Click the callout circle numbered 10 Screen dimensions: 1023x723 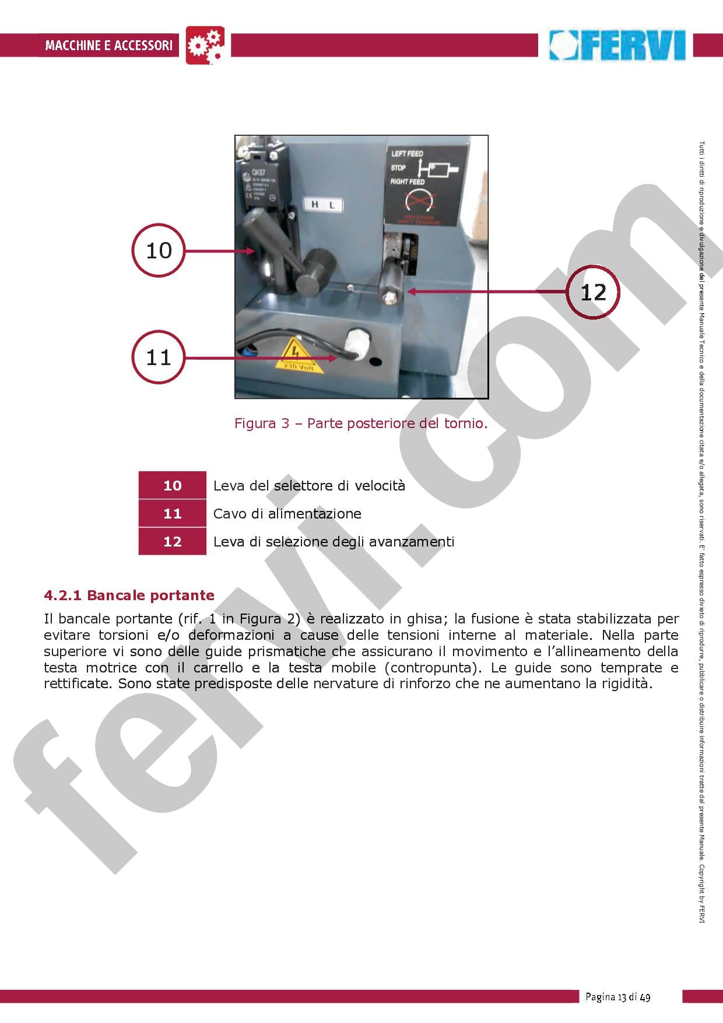click(159, 250)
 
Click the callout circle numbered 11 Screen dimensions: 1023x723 click(159, 357)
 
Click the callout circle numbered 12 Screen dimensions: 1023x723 click(593, 292)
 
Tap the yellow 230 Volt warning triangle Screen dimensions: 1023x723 click(298, 356)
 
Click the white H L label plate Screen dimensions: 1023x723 click(323, 205)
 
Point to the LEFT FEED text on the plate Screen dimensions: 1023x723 click(408, 154)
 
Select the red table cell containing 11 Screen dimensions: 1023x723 click(172, 513)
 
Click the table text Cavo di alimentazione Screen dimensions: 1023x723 click(287, 513)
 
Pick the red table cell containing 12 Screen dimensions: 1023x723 click(172, 541)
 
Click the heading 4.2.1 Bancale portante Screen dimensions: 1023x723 click(129, 595)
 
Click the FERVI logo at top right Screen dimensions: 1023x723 click(618, 45)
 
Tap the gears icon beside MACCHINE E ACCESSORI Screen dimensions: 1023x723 click(205, 45)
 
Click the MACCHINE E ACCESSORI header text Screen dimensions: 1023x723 click(109, 45)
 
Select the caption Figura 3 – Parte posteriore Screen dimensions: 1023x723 click(360, 423)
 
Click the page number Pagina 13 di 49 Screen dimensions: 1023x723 click(617, 997)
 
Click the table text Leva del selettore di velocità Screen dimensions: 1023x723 click(309, 485)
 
